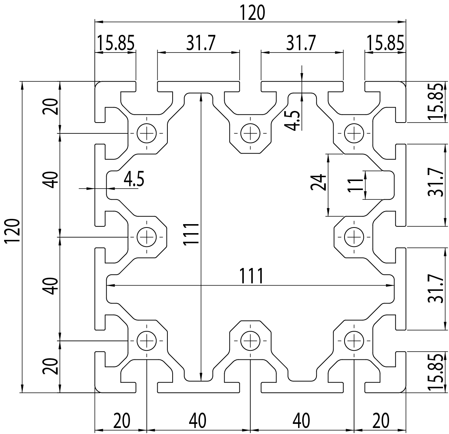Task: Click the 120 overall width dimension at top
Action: pyautogui.click(x=252, y=13)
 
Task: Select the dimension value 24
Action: pyautogui.click(x=317, y=183)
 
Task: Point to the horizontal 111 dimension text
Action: pyautogui.click(x=252, y=277)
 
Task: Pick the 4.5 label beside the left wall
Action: pyautogui.click(x=134, y=179)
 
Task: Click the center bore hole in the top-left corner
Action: pyautogui.click(x=147, y=133)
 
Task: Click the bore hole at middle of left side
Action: pyautogui.click(x=147, y=237)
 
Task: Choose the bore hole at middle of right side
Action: pyautogui.click(x=354, y=237)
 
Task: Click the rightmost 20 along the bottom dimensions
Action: pyautogui.click(x=380, y=421)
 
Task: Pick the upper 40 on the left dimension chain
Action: pyautogui.click(x=50, y=179)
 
